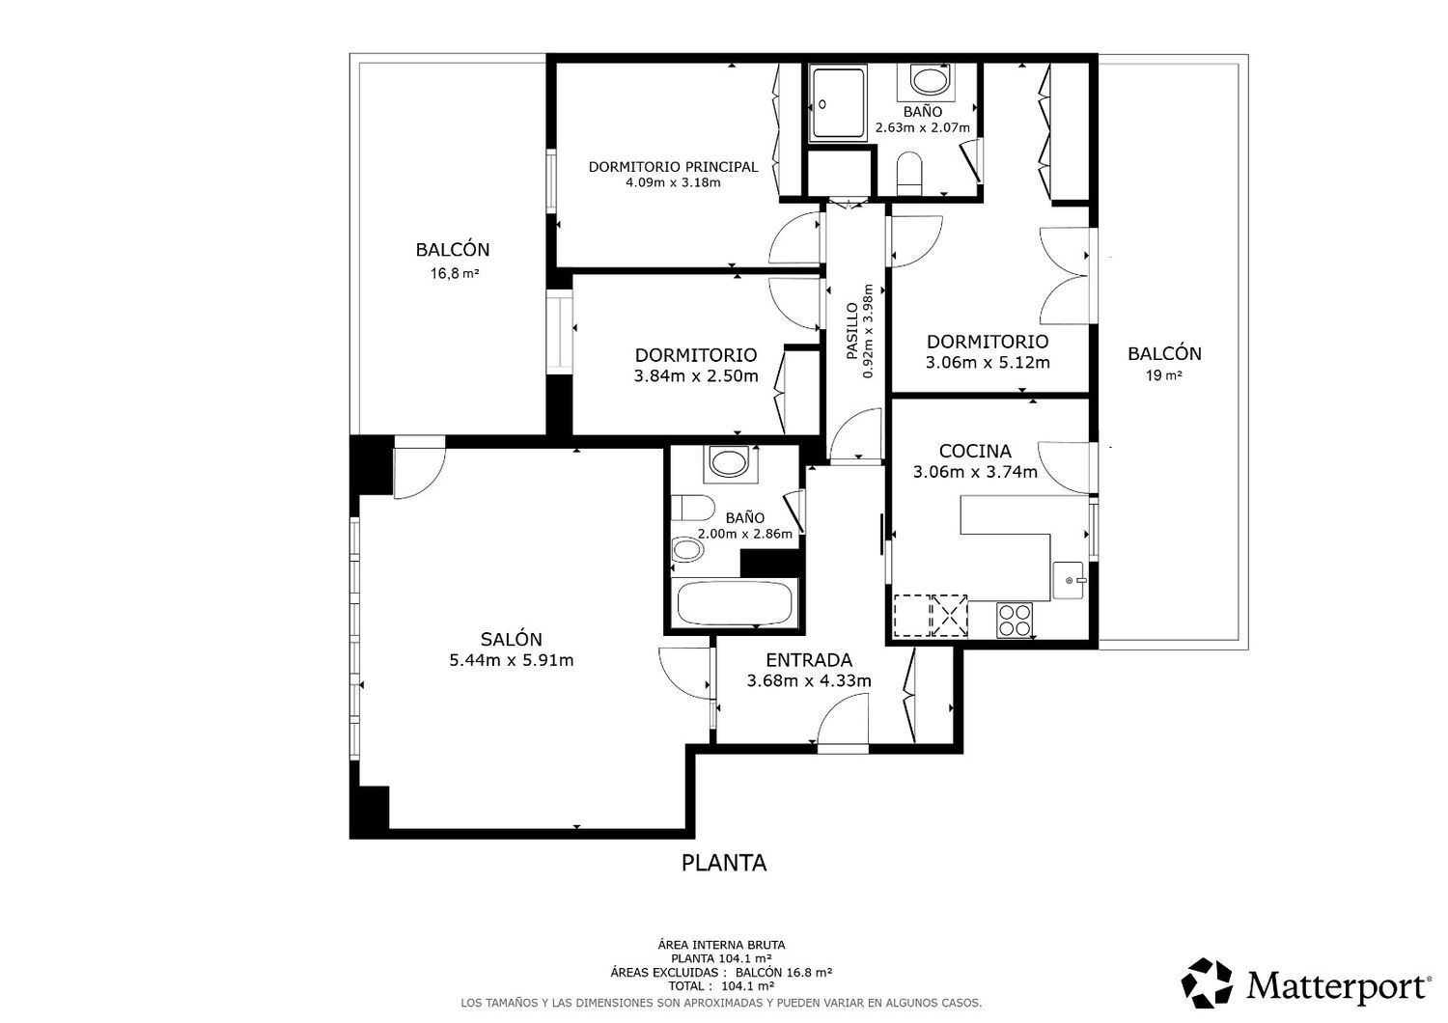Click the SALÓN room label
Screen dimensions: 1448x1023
[x=511, y=639]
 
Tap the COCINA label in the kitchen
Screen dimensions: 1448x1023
[x=975, y=451]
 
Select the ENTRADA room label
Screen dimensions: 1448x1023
[x=809, y=660]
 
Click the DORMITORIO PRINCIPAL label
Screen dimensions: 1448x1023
[x=673, y=167]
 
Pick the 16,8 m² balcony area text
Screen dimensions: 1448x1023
[x=455, y=273]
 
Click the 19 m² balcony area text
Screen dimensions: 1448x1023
[x=1163, y=375]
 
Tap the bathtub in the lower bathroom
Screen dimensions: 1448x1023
[x=735, y=602]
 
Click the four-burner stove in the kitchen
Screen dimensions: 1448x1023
[x=1015, y=619]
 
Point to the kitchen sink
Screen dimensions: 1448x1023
[x=1069, y=580]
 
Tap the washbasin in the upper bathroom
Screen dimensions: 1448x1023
[x=929, y=81]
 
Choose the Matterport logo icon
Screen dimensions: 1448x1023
[x=1207, y=982]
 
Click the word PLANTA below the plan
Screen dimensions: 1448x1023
[x=724, y=863]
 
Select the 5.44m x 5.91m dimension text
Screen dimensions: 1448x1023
[x=512, y=660]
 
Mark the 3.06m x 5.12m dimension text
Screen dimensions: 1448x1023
[x=988, y=362]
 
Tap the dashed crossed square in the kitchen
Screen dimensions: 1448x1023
[x=949, y=615]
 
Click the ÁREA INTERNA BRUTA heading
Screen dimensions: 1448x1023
[x=721, y=945]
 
